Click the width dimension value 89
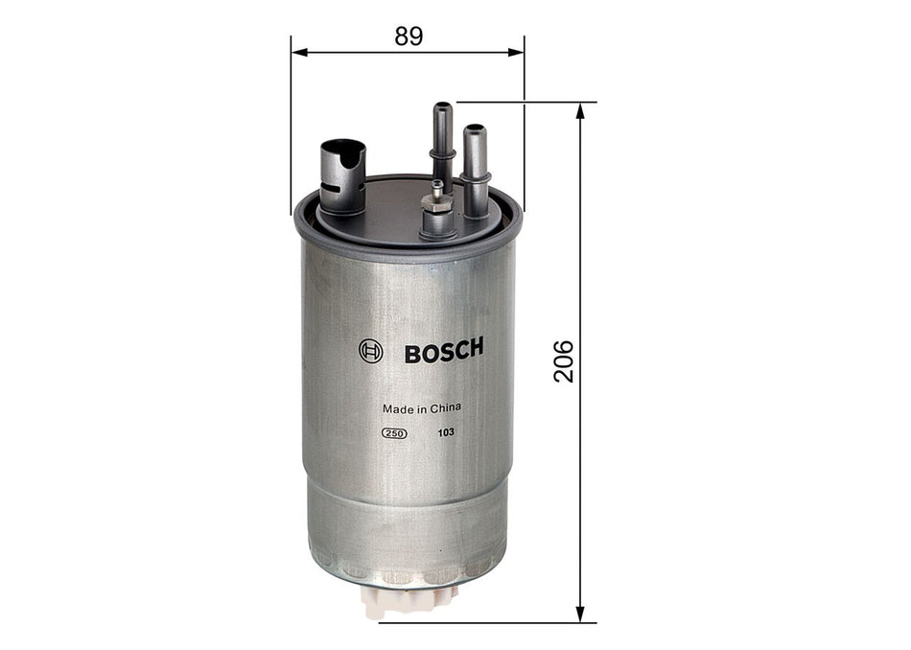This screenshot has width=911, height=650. [408, 35]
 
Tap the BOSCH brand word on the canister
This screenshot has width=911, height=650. [443, 351]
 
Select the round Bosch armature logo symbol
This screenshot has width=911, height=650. [370, 352]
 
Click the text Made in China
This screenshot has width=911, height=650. [422, 407]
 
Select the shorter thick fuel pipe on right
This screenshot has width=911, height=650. [476, 168]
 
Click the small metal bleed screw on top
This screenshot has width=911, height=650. [438, 194]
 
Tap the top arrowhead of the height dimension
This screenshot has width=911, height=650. [580, 110]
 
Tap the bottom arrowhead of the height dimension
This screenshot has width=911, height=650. [580, 614]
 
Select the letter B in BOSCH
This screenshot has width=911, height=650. [412, 352]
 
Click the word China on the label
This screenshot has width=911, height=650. [446, 407]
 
